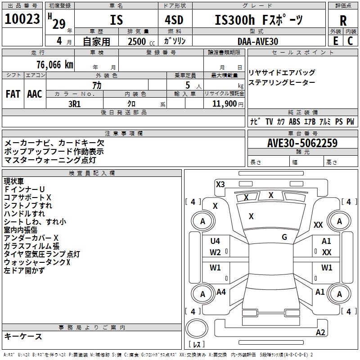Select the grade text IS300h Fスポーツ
tap(259, 20)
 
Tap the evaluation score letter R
tap(343, 21)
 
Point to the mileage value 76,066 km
tap(54, 65)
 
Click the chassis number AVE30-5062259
tap(302, 144)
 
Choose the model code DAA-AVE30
tap(258, 41)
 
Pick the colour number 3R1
tap(74, 103)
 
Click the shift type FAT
tap(13, 94)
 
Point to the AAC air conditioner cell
tap(35, 94)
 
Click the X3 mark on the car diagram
tap(220, 184)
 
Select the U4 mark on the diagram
tap(215, 241)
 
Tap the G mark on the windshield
tap(284, 237)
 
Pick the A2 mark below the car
tap(320, 333)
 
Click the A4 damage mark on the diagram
tap(221, 292)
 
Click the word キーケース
tap(23, 336)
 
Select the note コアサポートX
tap(27, 198)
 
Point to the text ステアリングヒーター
tap(282, 82)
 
